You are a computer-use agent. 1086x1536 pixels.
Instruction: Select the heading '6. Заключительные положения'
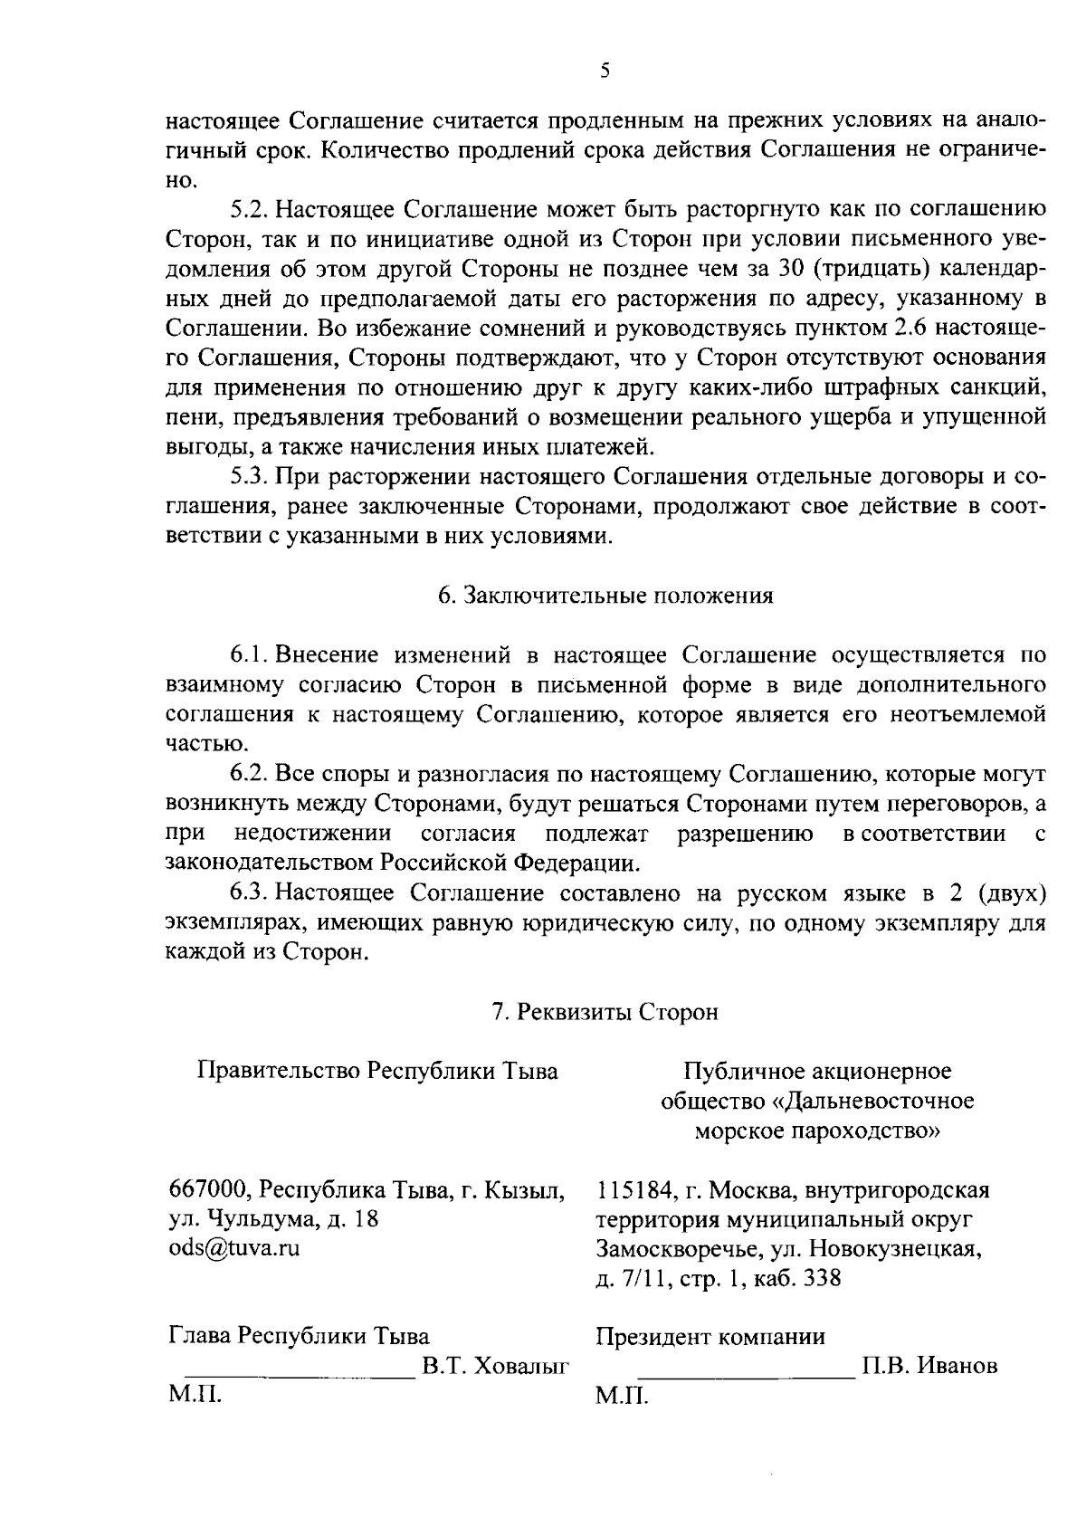point(605,596)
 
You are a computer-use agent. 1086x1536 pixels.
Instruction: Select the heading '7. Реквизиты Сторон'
point(605,1011)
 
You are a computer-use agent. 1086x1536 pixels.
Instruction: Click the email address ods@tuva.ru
point(234,1248)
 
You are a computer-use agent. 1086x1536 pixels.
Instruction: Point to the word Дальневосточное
point(882,1101)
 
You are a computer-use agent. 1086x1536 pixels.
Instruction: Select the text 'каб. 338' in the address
point(793,1278)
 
